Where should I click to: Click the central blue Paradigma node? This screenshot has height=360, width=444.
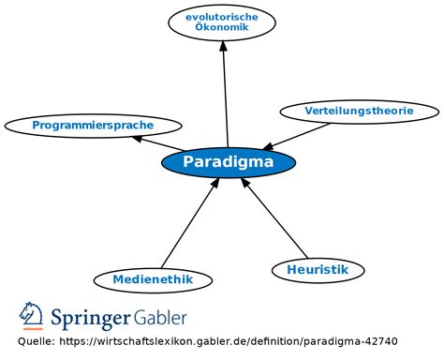click(x=229, y=162)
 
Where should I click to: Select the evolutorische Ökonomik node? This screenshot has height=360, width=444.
click(x=222, y=22)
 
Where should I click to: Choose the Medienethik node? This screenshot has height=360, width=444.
click(x=153, y=279)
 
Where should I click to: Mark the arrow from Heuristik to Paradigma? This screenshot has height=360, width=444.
click(x=274, y=218)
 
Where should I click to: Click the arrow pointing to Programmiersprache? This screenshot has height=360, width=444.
click(x=157, y=142)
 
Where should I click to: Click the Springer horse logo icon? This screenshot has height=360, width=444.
click(x=32, y=316)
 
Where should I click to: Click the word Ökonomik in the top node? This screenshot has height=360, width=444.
click(x=222, y=28)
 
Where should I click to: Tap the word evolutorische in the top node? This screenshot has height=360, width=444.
click(x=222, y=17)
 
